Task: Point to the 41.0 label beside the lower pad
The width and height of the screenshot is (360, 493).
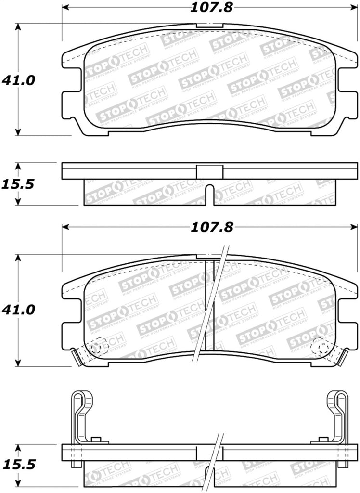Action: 18,310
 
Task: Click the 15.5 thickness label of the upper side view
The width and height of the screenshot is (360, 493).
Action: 18,184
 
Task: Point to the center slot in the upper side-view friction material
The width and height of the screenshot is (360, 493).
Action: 209,194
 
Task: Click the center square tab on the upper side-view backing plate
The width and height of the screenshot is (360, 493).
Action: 210,171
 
